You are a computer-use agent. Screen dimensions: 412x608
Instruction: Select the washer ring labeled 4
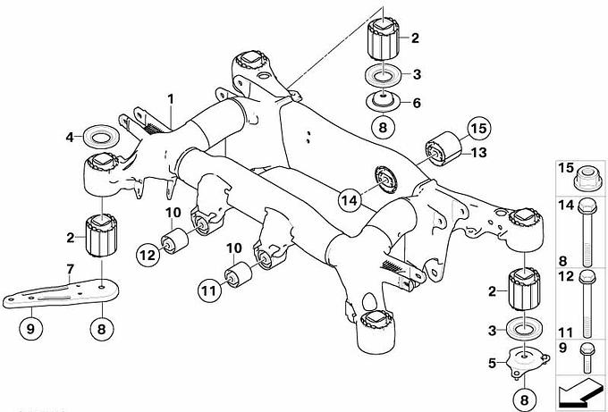(x=98, y=138)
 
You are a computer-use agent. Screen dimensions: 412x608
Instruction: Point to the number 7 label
(x=70, y=267)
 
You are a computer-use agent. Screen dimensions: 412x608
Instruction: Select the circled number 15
(x=477, y=128)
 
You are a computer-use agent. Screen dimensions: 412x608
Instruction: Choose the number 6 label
(x=415, y=103)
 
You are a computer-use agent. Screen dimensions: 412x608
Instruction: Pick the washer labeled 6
(x=383, y=101)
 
